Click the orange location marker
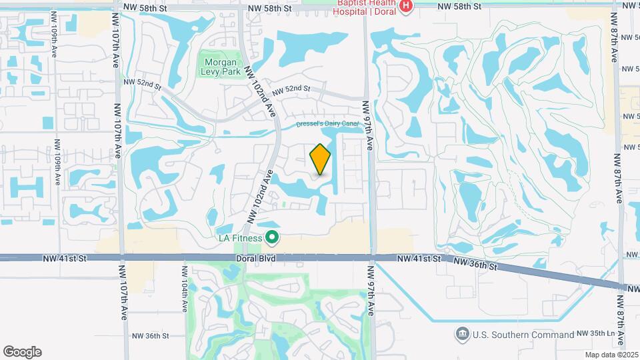[x=321, y=159]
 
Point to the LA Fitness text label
[x=240, y=237]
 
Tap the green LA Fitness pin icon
[x=272, y=237]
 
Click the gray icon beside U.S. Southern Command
[x=461, y=333]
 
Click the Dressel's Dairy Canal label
[x=328, y=125]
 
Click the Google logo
[x=22, y=352]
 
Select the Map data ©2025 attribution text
[x=611, y=354]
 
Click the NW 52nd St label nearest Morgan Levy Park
[x=143, y=85]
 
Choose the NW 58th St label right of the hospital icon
[x=459, y=6]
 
